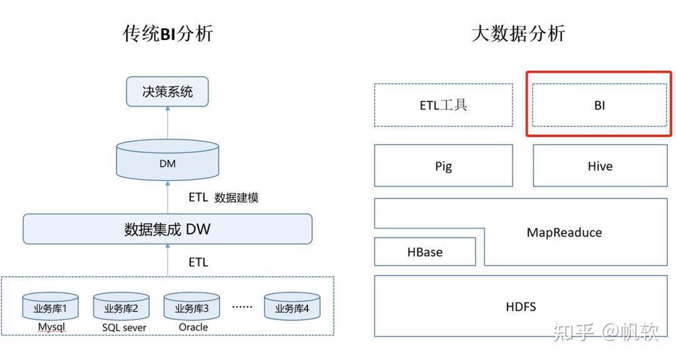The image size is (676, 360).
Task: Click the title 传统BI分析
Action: coord(168,33)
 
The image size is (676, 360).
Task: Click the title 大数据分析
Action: coord(518,33)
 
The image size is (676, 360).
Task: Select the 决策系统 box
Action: coord(167,91)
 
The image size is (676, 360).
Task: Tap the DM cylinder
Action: coord(167,162)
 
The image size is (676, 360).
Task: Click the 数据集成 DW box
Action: coord(167,229)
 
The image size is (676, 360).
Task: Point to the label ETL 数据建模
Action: coord(223,197)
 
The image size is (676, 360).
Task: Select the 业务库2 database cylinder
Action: coord(121,307)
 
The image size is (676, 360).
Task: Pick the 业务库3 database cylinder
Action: coord(192,307)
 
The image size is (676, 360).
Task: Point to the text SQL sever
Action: coord(124,327)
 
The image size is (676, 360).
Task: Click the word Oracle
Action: coord(193,327)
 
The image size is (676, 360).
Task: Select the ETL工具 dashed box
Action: coord(443,105)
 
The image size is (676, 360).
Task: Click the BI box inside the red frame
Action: coord(599,105)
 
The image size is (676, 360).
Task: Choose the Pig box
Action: coord(443,166)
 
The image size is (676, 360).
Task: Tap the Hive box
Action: coord(600,166)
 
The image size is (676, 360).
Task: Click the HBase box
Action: coord(424,252)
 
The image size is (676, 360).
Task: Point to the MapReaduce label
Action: coord(564,232)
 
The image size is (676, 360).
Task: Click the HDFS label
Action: coord(521,306)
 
